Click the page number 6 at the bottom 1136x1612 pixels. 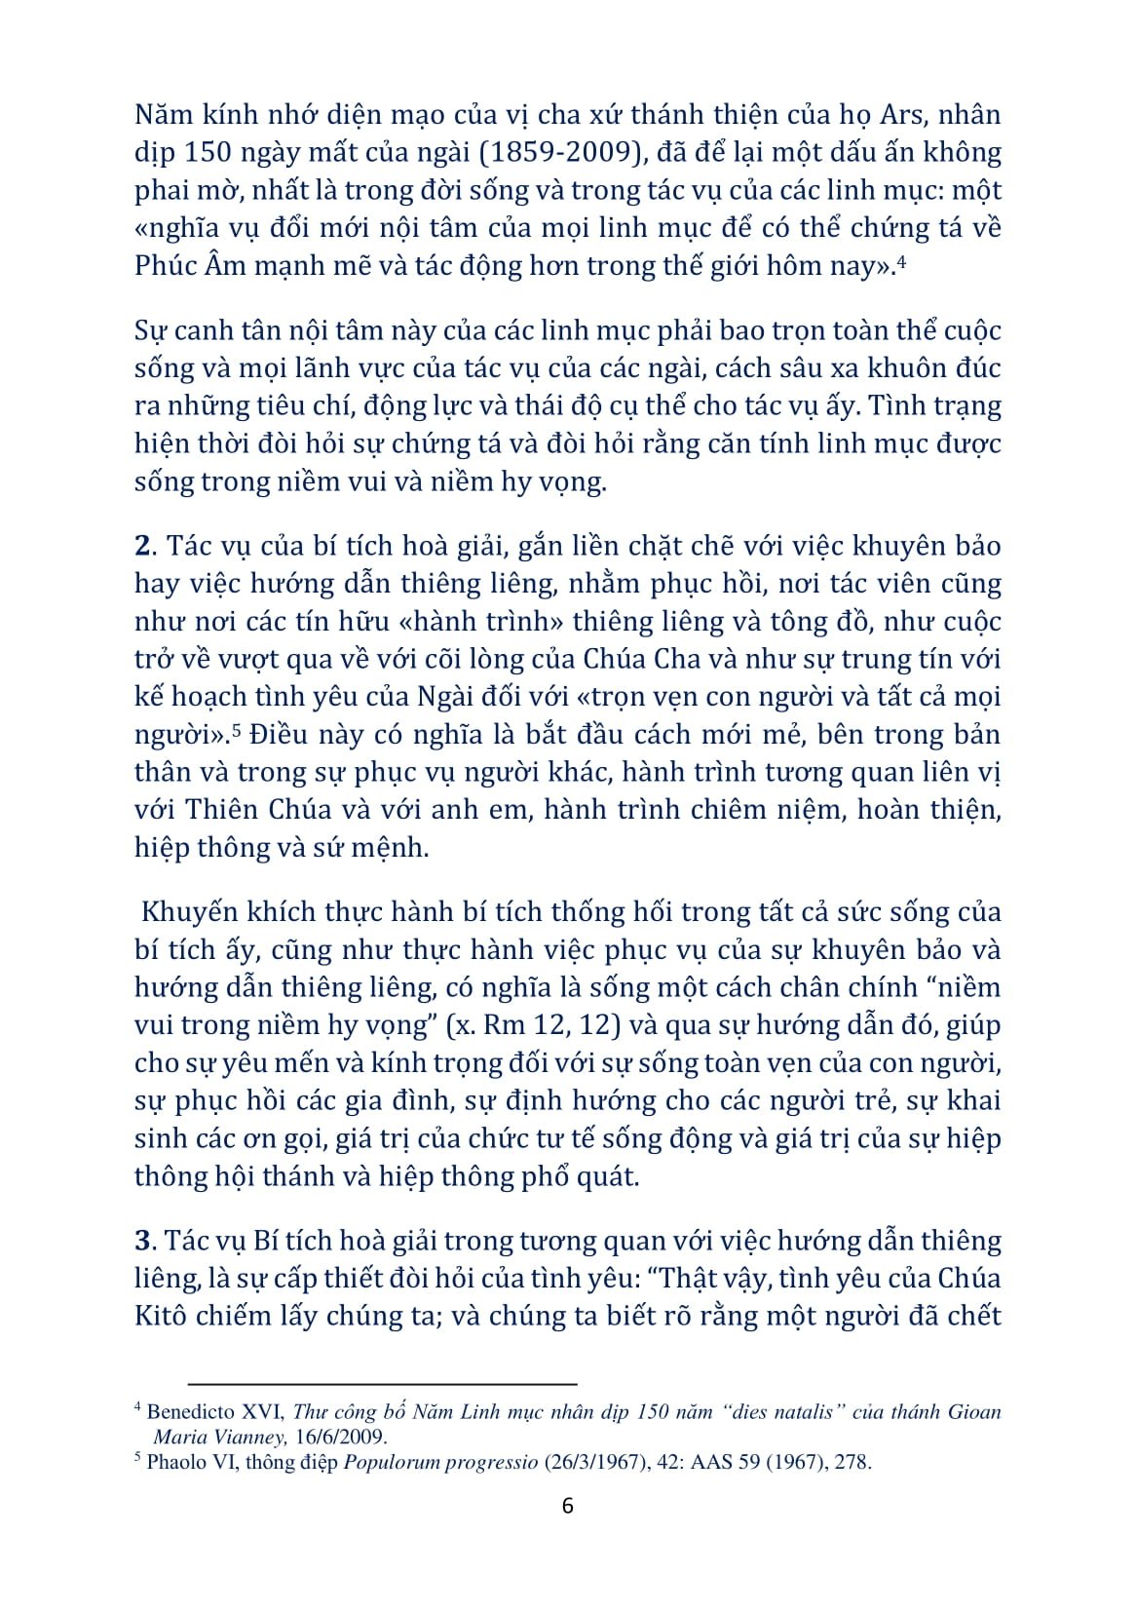click(568, 1506)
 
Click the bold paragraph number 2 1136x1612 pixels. click(140, 546)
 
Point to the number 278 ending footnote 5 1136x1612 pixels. click(852, 1462)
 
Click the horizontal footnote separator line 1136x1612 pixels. click(382, 1383)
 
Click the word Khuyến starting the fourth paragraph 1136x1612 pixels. click(190, 913)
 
